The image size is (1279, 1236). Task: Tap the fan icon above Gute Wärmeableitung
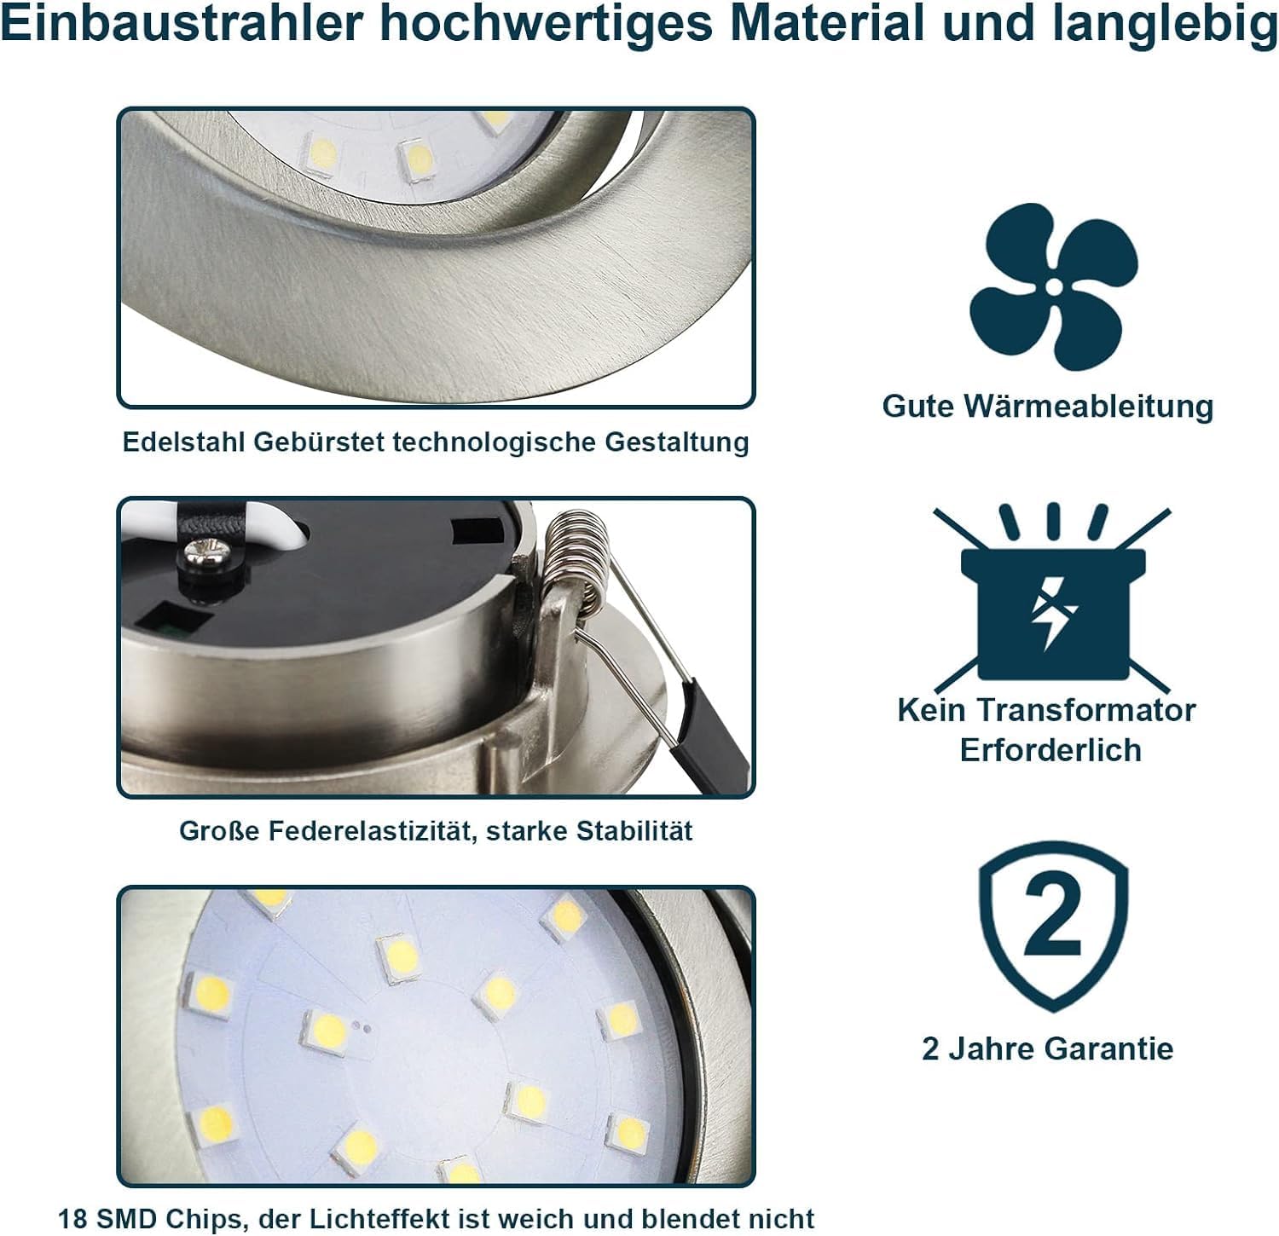pos(1054,286)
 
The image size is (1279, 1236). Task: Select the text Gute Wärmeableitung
pos(1048,406)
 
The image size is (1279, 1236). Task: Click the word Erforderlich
pos(1050,750)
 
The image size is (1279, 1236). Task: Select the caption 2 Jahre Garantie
pos(1048,1048)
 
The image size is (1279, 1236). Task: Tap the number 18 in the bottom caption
pos(72,1219)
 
